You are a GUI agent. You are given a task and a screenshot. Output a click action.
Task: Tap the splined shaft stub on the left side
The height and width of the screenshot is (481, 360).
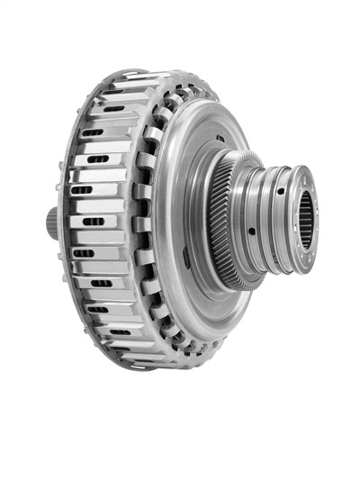52,222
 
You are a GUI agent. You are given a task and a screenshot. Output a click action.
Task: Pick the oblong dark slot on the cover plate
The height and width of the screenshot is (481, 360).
186,258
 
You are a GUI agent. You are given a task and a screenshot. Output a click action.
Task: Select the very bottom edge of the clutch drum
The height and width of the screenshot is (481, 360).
135,368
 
